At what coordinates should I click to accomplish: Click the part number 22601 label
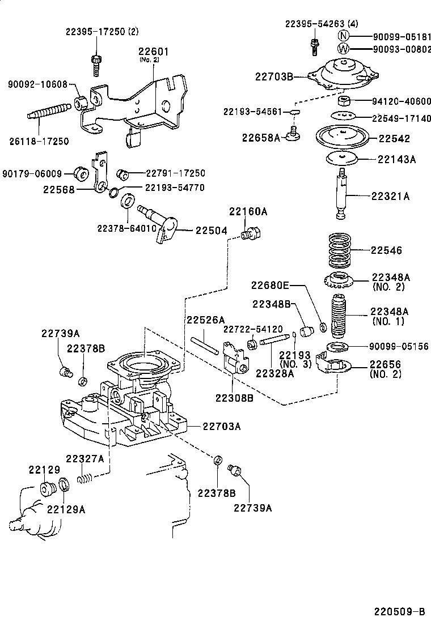point(154,51)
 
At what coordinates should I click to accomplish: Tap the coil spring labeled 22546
point(339,250)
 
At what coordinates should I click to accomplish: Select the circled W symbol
point(344,49)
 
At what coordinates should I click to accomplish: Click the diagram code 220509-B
point(399,612)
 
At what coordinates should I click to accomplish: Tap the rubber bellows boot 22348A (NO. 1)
point(339,315)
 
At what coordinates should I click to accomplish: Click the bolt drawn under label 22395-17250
point(95,63)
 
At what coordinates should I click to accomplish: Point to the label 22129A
point(66,509)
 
